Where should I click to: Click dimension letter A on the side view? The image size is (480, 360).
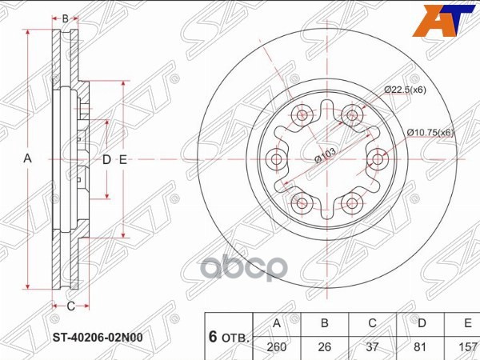[28, 159]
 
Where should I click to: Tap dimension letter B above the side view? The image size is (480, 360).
[66, 17]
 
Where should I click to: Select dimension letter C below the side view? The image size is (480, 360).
[70, 306]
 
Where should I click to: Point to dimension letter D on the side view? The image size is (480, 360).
[106, 159]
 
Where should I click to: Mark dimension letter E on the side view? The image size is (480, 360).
[123, 159]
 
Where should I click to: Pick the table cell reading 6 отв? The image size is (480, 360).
[228, 336]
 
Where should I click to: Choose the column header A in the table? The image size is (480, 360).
[277, 323]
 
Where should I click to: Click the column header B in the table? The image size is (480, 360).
[325, 323]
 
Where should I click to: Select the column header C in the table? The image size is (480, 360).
[373, 323]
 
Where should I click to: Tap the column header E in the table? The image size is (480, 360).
[466, 323]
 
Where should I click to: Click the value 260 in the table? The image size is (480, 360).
[277, 348]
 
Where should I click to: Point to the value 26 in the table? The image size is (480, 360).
[325, 348]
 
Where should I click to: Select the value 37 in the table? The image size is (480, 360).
[373, 348]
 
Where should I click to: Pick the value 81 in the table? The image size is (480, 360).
[421, 348]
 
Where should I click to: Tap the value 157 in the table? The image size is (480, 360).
[466, 348]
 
